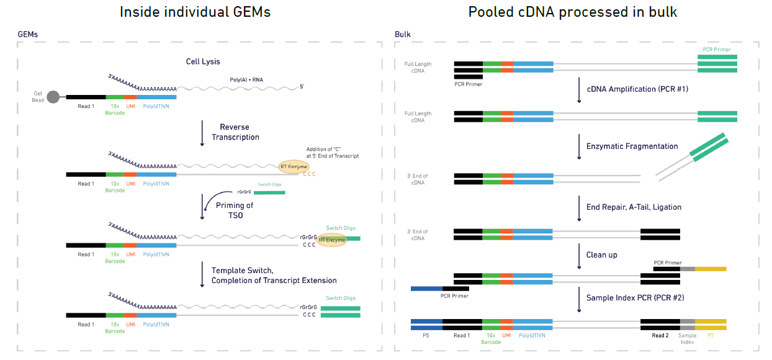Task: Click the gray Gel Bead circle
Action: pos(53,97)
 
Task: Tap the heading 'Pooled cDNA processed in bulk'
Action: pos(572,12)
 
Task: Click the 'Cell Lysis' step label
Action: pos(203,61)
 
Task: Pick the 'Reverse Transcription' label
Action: pos(235,132)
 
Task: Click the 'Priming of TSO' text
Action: pos(234,210)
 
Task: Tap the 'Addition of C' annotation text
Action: pos(332,153)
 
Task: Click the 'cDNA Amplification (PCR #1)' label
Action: pos(637,89)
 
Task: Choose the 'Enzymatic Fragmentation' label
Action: pos(632,146)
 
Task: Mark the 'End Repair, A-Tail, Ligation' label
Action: pos(634,207)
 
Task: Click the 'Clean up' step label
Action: pos(601,254)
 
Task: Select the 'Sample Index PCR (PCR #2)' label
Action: pos(635,298)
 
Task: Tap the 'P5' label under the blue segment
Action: pos(426,336)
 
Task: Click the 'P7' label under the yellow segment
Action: pos(710,336)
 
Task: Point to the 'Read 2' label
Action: pos(660,336)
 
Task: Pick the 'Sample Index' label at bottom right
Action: pos(687,339)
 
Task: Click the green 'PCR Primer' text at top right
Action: pos(716,50)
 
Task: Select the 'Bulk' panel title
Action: pos(402,35)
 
